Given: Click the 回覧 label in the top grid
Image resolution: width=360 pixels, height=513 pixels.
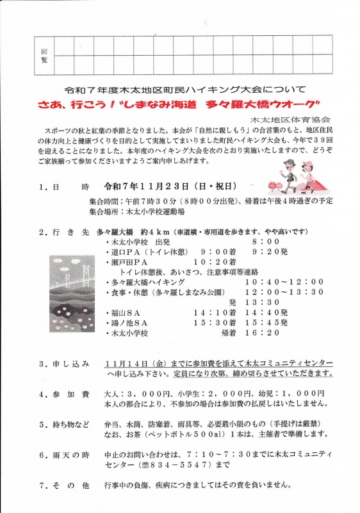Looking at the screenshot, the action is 44,56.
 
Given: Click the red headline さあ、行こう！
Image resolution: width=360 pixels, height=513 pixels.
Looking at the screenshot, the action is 72,104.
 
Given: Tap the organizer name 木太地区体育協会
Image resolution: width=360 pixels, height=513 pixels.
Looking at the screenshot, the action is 290,120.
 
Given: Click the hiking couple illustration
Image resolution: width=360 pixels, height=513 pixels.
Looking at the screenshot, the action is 297,177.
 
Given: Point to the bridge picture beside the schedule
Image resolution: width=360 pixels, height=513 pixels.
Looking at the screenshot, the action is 72,293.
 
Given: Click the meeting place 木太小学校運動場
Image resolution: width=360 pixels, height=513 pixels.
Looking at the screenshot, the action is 156,211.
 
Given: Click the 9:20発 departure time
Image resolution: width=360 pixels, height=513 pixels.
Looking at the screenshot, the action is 270,252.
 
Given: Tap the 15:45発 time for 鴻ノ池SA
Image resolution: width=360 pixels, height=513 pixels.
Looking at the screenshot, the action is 266,323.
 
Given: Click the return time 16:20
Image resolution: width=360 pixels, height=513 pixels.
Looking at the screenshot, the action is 262,333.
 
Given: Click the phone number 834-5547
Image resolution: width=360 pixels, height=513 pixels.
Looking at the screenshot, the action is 177,464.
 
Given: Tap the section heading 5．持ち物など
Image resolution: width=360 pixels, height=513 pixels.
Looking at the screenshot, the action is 64,425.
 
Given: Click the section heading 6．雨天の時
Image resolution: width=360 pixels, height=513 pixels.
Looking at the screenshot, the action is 64,455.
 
